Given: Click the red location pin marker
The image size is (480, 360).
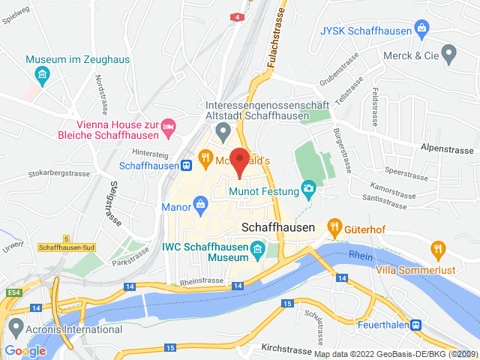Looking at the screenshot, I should pos(239,161).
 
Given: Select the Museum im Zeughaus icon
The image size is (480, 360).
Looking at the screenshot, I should pos(42,73).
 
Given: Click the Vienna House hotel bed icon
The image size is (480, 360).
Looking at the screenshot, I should pos(169,128).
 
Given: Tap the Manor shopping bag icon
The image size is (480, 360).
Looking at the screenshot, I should pos(200,203).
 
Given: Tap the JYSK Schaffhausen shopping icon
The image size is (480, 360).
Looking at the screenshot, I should pos(423,30).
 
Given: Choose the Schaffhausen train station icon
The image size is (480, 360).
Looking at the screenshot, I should pos(184,165).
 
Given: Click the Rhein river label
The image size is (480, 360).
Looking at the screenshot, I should pos(361,255).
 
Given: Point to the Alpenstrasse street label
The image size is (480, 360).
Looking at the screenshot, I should pos(445,148).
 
